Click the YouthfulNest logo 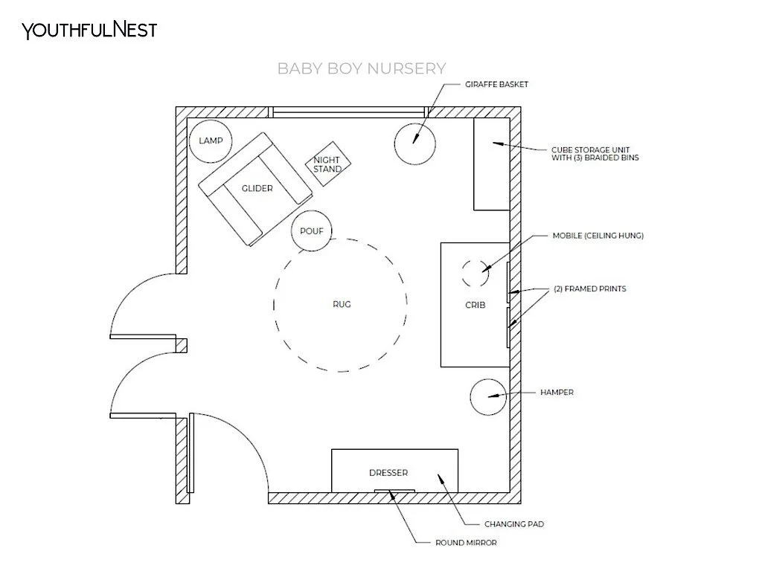[89, 30]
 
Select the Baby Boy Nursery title [362, 69]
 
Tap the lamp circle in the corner [211, 141]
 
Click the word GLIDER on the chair [257, 188]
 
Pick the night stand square [327, 164]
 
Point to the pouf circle [311, 230]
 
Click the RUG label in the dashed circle [342, 304]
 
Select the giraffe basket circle [414, 143]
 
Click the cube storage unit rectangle [491, 164]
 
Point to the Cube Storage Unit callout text [595, 152]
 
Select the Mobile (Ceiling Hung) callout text [598, 236]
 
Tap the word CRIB [475, 305]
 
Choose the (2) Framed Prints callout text [589, 289]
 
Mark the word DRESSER [388, 473]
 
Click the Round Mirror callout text [466, 543]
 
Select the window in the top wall [349, 113]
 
